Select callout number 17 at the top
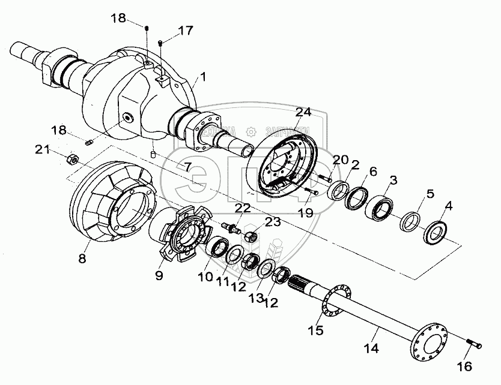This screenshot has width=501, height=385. coord(186,29)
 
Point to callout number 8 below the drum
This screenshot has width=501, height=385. coord(82,259)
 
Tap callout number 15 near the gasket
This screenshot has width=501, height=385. coord(316,330)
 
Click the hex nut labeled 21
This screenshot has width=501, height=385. coord(70,158)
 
